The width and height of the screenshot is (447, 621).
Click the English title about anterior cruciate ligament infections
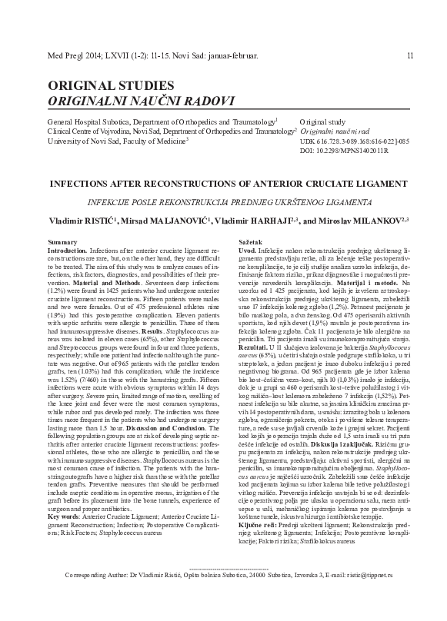coord(223,184)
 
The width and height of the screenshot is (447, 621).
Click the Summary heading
coord(62,243)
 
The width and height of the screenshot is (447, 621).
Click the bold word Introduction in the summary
coord(66,251)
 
